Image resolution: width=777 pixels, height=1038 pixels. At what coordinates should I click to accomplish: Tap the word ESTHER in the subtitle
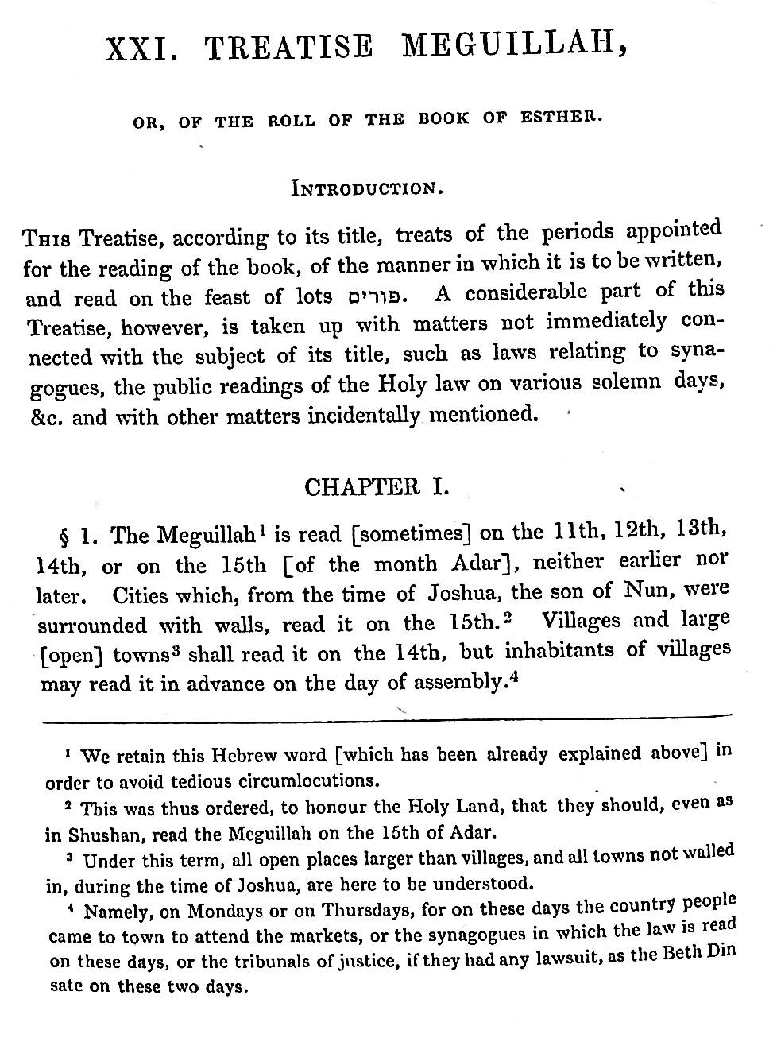561,117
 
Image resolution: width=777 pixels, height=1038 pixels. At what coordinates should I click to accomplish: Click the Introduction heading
366,188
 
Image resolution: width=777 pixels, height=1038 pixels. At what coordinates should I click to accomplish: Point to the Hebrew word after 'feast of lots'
376,297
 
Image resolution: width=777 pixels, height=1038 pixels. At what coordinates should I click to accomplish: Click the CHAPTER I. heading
377,486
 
